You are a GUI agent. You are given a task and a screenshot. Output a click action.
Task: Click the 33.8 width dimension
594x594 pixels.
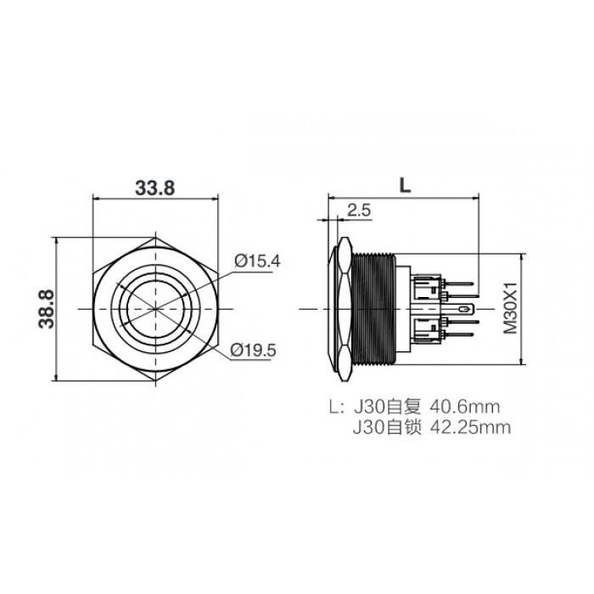pyautogui.click(x=155, y=188)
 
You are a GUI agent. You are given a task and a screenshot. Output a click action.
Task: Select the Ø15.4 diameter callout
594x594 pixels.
pyautogui.click(x=257, y=261)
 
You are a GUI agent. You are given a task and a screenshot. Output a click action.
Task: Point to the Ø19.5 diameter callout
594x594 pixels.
pyautogui.click(x=254, y=350)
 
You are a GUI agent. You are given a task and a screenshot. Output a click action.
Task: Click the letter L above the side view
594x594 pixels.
pyautogui.click(x=405, y=186)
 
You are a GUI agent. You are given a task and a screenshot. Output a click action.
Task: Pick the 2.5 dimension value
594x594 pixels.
pyautogui.click(x=359, y=210)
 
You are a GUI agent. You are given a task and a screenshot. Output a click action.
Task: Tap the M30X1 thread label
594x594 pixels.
pyautogui.click(x=510, y=307)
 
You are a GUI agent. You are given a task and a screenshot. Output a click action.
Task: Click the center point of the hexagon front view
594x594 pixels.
pyautogui.click(x=155, y=309)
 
